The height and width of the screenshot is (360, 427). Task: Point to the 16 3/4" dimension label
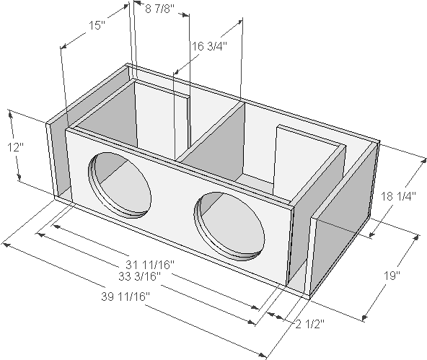click(209, 46)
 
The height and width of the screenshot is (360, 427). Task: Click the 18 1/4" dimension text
click(397, 196)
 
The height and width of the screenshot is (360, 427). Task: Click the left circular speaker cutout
click(120, 185)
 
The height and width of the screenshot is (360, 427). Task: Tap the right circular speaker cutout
click(229, 226)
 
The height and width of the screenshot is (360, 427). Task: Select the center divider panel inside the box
click(213, 141)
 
